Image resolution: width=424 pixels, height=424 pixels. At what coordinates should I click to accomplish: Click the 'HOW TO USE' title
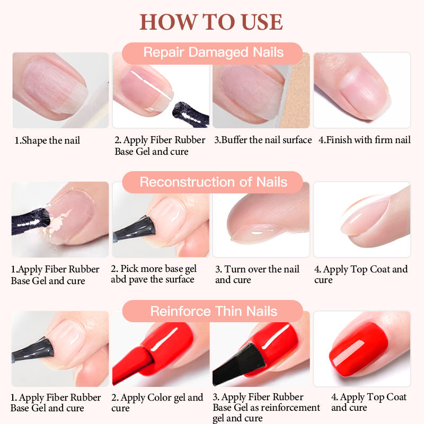coord(211,22)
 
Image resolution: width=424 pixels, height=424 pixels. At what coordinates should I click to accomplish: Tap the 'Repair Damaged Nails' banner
coord(213,53)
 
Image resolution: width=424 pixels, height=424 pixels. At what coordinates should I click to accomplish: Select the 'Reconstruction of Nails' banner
coord(213,182)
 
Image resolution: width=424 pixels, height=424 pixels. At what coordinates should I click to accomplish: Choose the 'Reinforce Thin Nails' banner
coord(213,311)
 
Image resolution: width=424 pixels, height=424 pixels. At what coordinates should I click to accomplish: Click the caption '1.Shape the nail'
coord(47,140)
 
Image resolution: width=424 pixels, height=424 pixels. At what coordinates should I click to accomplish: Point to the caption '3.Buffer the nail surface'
coord(263,140)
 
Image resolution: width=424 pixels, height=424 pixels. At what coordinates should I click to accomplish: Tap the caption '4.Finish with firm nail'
coord(365,140)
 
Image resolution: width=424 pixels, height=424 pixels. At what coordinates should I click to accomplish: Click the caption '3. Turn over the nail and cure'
coord(257,274)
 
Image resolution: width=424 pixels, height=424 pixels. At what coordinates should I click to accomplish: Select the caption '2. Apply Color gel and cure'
coord(157,403)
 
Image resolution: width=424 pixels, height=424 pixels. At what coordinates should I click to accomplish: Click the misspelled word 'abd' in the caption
coord(118,279)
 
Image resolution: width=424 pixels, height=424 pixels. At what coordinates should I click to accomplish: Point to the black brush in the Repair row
coord(191,114)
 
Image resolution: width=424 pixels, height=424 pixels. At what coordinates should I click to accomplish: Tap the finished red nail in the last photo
coord(359,349)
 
